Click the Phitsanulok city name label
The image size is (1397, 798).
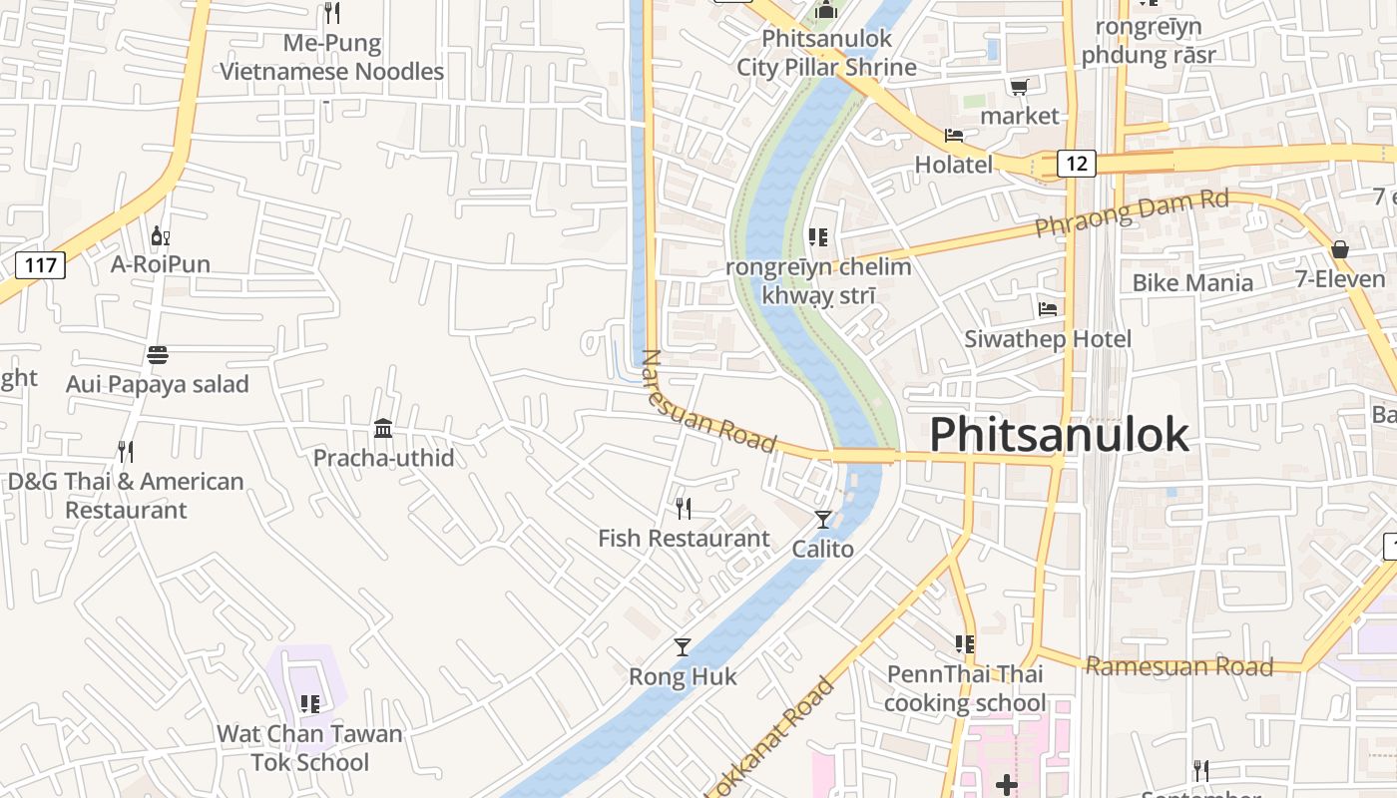pyautogui.click(x=1059, y=435)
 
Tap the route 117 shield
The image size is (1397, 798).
pyautogui.click(x=40, y=265)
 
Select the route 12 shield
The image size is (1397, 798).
pyautogui.click(x=1076, y=163)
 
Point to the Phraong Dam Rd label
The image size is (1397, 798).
pyautogui.click(x=1132, y=213)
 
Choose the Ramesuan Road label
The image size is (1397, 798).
pyautogui.click(x=1178, y=666)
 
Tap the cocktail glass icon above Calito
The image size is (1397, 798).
pyautogui.click(x=823, y=519)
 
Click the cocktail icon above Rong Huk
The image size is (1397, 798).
pyautogui.click(x=682, y=647)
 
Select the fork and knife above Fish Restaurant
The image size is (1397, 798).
pyautogui.click(x=684, y=509)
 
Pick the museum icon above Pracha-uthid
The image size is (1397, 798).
pyautogui.click(x=383, y=428)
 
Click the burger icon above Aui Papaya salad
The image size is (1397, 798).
pyautogui.click(x=158, y=354)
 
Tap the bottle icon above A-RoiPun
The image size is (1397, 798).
pyautogui.click(x=160, y=235)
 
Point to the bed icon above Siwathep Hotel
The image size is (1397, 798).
pyautogui.click(x=1048, y=309)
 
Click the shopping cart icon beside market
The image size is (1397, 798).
pyautogui.click(x=1019, y=88)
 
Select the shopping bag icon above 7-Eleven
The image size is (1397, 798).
pyautogui.click(x=1340, y=249)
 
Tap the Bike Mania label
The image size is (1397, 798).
pyautogui.click(x=1192, y=282)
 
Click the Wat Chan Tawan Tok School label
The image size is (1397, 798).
pyautogui.click(x=309, y=748)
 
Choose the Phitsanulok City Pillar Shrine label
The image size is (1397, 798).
pyautogui.click(x=826, y=53)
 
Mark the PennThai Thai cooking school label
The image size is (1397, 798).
pyautogui.click(x=965, y=689)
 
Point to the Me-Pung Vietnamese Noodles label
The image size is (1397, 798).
pyautogui.click(x=332, y=57)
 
